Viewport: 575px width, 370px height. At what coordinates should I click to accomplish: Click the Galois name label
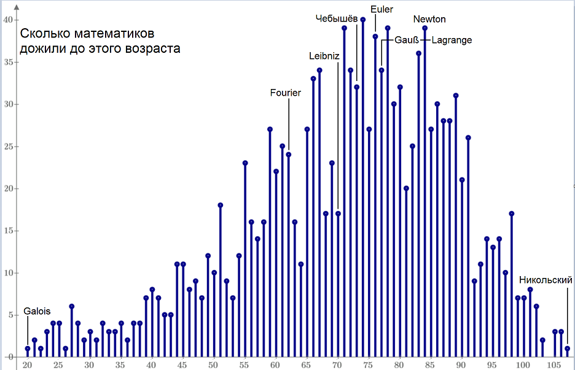(x=37, y=311)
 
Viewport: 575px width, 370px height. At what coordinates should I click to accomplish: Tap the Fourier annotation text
(x=286, y=93)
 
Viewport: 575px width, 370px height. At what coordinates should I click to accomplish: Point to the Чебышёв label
(x=337, y=18)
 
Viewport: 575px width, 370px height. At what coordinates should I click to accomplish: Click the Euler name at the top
(x=381, y=9)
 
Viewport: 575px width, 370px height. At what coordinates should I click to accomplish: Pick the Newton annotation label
(x=429, y=19)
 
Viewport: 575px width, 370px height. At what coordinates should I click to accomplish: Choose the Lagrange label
(x=452, y=40)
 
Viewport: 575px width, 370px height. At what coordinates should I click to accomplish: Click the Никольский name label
(x=546, y=280)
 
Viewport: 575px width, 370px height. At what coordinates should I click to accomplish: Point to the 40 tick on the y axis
(x=7, y=20)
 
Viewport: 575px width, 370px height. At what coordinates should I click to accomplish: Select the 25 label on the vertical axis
(x=7, y=146)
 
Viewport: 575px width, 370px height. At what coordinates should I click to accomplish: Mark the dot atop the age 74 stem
(x=363, y=20)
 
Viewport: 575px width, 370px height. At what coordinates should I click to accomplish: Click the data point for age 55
(x=245, y=163)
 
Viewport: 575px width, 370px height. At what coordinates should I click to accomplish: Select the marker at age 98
(x=512, y=214)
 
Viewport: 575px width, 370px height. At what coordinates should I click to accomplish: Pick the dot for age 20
(x=28, y=349)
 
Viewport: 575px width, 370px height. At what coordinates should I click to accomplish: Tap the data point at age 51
(x=220, y=205)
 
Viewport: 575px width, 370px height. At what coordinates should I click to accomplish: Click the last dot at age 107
(x=568, y=349)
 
